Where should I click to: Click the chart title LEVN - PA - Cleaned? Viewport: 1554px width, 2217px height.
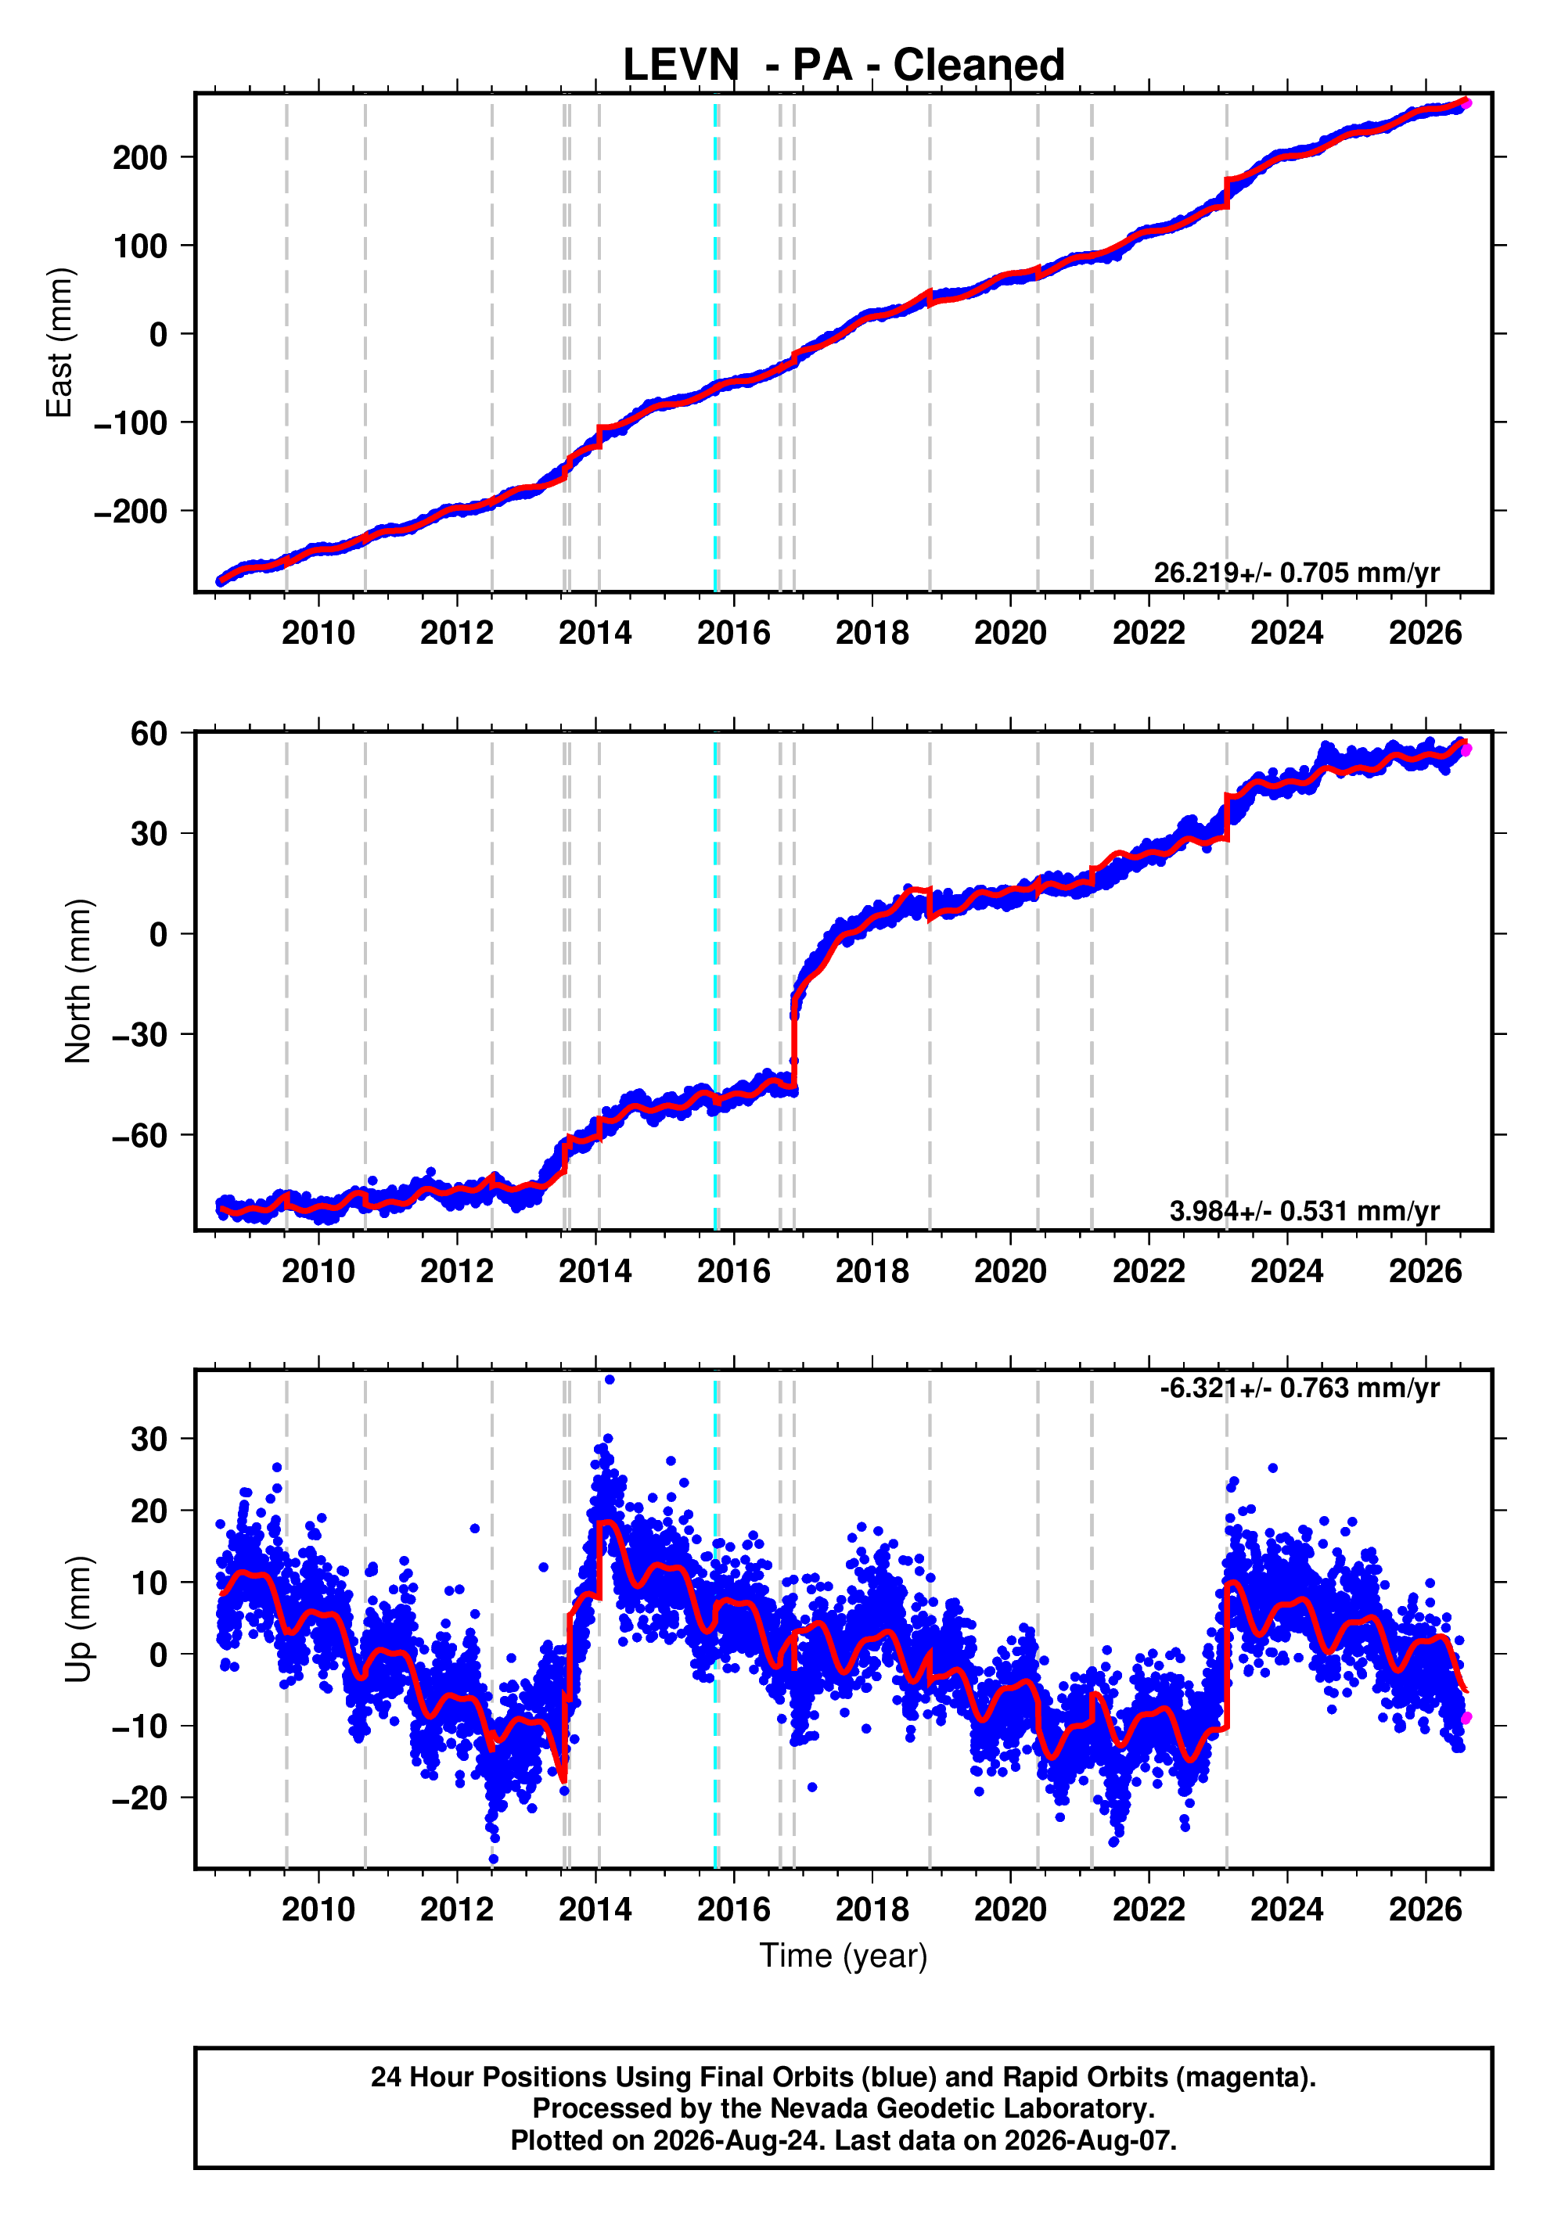point(844,66)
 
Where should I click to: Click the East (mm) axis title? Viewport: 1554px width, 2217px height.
point(60,343)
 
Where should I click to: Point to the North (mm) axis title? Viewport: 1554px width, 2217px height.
point(78,981)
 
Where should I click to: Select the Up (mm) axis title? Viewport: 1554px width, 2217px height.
point(78,1619)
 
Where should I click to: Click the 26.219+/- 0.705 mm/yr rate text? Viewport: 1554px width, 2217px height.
point(1296,573)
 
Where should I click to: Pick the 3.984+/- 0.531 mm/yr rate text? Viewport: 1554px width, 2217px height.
point(1304,1211)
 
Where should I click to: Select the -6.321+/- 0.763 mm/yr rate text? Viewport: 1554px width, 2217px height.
point(1300,1389)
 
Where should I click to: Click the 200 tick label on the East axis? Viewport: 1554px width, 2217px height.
point(140,157)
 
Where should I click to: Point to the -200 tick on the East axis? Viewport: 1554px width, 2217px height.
point(131,511)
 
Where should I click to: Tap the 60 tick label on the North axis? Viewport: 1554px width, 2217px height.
point(149,734)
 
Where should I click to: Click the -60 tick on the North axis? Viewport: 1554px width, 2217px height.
point(140,1136)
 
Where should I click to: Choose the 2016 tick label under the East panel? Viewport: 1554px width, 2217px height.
point(734,634)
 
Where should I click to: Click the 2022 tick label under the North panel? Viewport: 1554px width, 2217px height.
point(1149,1272)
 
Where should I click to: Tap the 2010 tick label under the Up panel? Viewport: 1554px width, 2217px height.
point(318,1910)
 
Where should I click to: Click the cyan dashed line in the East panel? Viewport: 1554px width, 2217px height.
point(716,343)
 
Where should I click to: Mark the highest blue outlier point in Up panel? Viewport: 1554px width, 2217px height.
point(609,1380)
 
